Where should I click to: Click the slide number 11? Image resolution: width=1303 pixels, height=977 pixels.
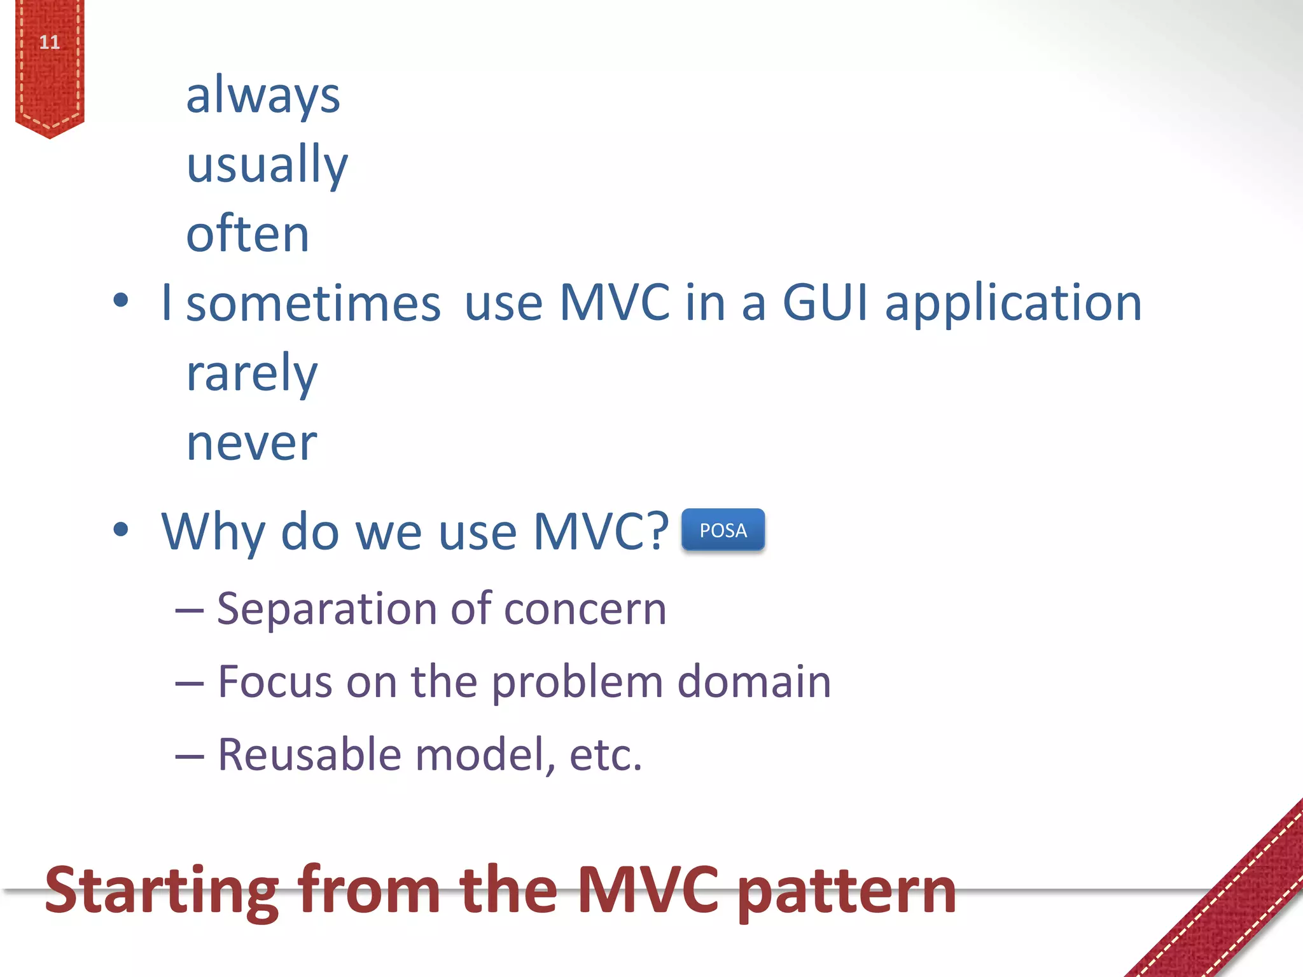[x=50, y=43]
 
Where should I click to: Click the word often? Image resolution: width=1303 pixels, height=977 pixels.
[x=247, y=234]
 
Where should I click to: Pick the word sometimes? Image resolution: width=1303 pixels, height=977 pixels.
[x=313, y=304]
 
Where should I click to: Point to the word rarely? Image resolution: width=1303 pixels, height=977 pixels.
[x=251, y=373]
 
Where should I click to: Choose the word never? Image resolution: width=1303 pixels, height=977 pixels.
[x=251, y=443]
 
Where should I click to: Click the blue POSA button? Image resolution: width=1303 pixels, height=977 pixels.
[x=723, y=530]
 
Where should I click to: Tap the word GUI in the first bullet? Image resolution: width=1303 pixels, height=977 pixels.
[x=825, y=303]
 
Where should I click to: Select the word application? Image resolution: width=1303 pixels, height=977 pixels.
[x=1014, y=304]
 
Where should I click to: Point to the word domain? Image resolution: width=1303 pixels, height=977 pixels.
[x=754, y=682]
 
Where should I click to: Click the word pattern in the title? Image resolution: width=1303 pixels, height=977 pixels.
[x=849, y=892]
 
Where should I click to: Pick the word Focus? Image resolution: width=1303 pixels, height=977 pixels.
[x=275, y=682]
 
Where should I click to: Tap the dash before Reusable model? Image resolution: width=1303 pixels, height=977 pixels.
[x=190, y=757]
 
